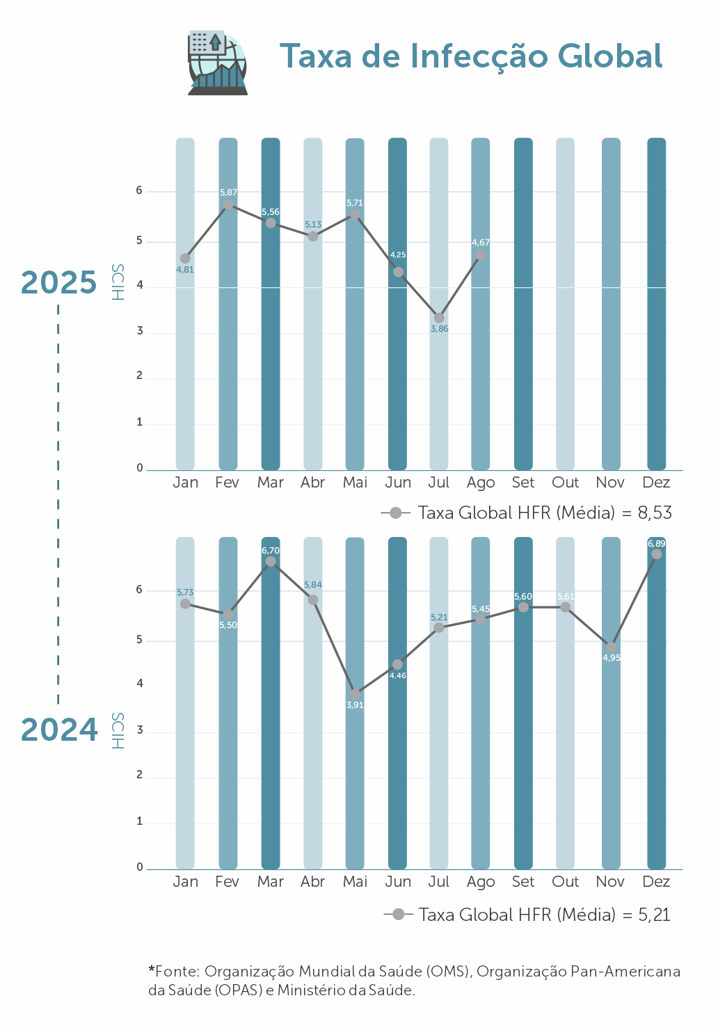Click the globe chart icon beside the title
[x=218, y=63]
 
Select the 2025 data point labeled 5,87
[x=228, y=205]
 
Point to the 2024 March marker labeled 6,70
[x=271, y=561]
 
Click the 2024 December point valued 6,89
[x=656, y=554]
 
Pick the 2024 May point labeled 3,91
[x=355, y=694]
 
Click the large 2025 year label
[x=59, y=282]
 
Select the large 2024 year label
[x=59, y=730]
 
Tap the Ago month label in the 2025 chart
[x=481, y=483]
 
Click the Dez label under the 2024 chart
[x=656, y=882]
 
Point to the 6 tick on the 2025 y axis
[x=140, y=191]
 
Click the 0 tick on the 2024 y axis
[x=140, y=867]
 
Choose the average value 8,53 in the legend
[x=655, y=513]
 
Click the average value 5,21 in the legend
[x=654, y=915]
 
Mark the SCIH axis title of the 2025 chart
[x=118, y=282]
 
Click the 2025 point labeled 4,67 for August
[x=480, y=255]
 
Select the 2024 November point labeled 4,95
[x=611, y=647]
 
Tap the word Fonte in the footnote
[x=177, y=971]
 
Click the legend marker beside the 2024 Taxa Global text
[x=399, y=915]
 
